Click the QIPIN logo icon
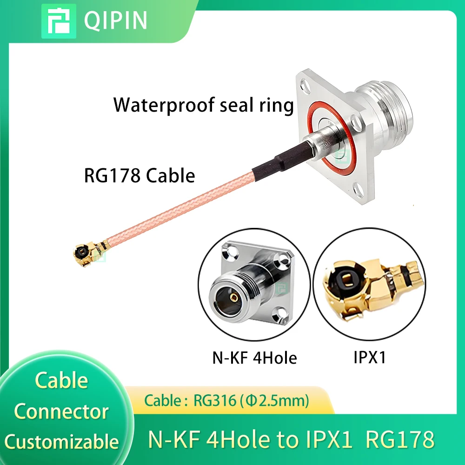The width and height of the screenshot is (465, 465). click(x=59, y=21)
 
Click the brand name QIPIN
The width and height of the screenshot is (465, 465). click(x=115, y=20)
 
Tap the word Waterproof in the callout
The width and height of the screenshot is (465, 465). click(x=163, y=105)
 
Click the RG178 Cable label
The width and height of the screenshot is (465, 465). click(x=139, y=175)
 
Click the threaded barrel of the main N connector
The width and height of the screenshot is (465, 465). click(x=385, y=113)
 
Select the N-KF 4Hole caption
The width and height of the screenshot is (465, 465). click(x=255, y=358)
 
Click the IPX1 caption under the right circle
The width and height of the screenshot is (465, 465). click(x=370, y=357)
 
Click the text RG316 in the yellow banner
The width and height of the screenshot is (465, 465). click(x=215, y=401)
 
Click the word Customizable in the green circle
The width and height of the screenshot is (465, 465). click(x=62, y=442)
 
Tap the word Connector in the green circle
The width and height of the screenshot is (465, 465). click(x=61, y=412)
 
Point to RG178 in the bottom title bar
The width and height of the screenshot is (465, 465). click(x=400, y=439)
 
